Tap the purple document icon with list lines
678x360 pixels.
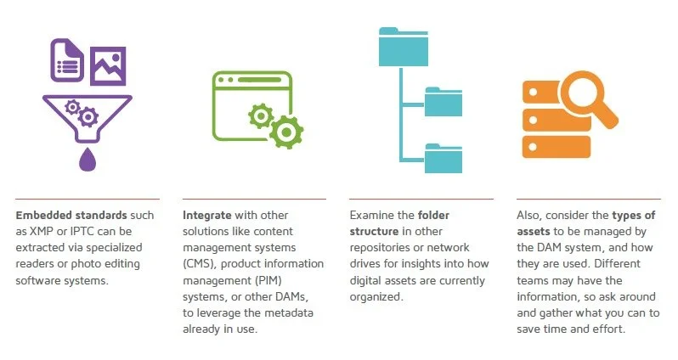click(x=69, y=59)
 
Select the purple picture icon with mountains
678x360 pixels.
click(x=108, y=65)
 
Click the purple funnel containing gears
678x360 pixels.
click(x=85, y=115)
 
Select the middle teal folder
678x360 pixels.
click(x=443, y=101)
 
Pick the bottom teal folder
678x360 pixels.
click(x=443, y=158)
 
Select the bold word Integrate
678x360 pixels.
click(x=207, y=215)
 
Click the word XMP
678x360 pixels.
click(x=45, y=231)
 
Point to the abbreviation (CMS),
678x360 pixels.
click(x=201, y=263)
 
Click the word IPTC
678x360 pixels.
click(x=88, y=231)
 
